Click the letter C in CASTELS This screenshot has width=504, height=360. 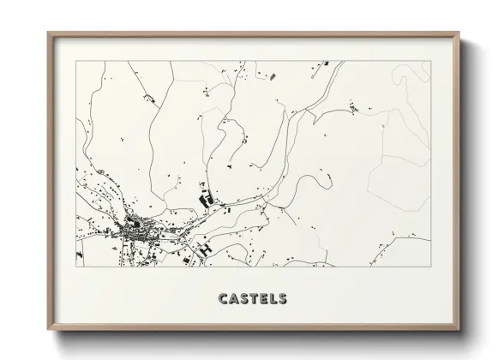click(x=223, y=299)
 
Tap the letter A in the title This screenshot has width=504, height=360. click(x=233, y=299)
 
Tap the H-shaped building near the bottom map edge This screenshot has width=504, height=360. click(x=206, y=249)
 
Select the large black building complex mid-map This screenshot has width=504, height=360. click(x=206, y=200)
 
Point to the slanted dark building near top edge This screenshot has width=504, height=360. click(x=273, y=77)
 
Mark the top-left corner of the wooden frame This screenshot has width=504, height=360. click(x=49, y=33)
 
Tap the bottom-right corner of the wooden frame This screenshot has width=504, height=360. click(x=460, y=330)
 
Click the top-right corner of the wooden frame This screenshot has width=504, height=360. click(x=460, y=33)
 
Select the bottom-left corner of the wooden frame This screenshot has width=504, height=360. click(x=49, y=330)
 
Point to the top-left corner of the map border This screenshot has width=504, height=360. click(x=76, y=61)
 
